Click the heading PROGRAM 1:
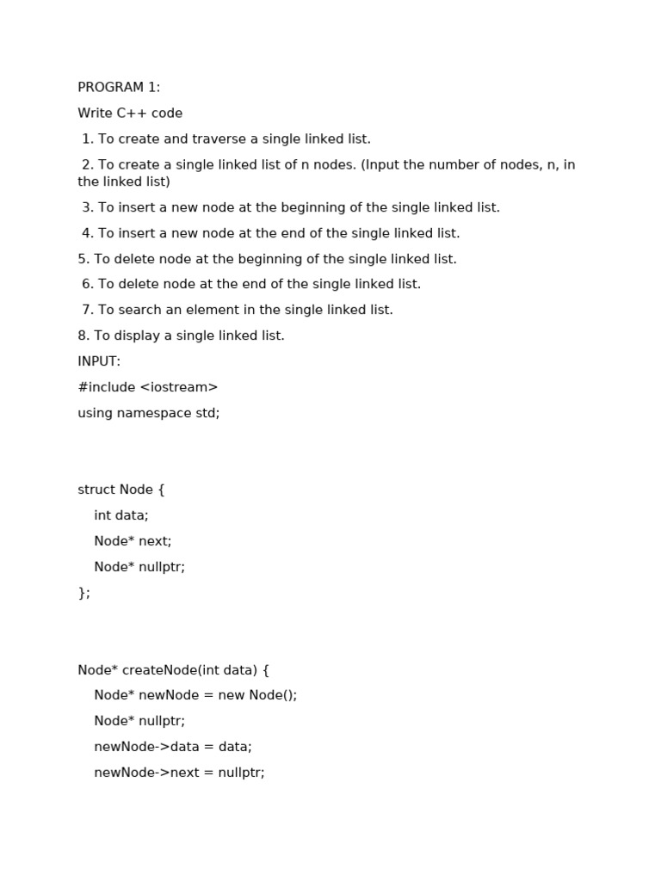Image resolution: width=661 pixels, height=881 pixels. pos(119,88)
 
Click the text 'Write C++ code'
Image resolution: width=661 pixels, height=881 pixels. pos(130,114)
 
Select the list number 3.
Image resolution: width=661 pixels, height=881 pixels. pos(87,207)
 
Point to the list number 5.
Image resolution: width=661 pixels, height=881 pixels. pos(83,259)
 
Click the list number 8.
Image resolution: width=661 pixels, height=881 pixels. pos(83,336)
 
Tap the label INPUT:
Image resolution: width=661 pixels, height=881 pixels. pos(99,361)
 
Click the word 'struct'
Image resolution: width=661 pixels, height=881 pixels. pos(96,490)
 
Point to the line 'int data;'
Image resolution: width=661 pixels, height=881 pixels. pos(121,515)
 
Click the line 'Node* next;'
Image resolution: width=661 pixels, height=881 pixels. pos(133,541)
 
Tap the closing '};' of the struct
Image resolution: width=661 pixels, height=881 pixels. pos(83,593)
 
